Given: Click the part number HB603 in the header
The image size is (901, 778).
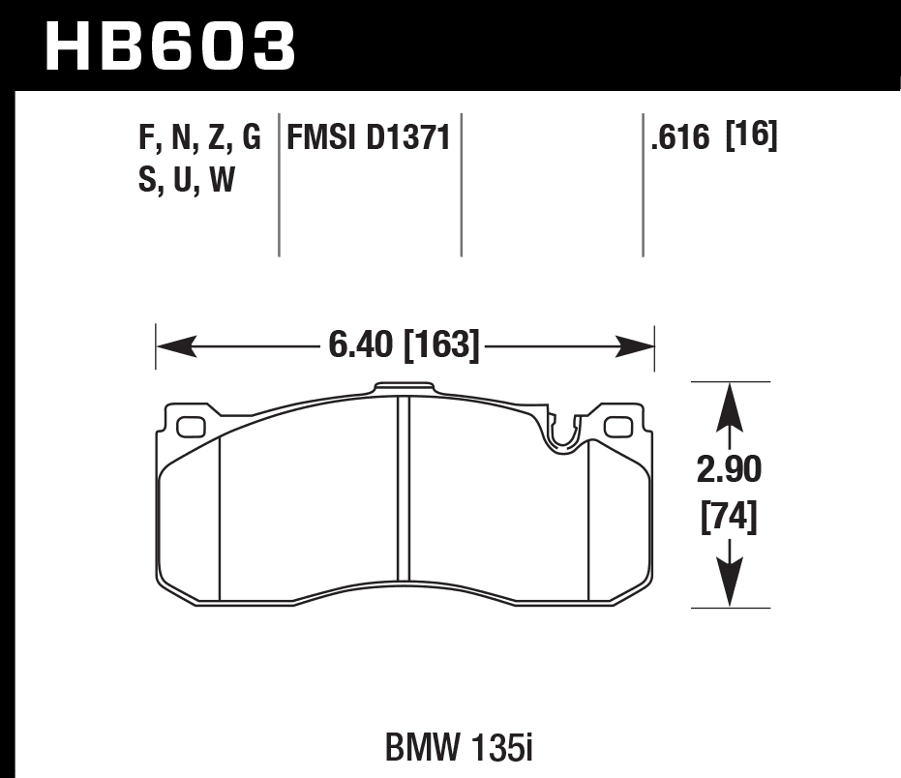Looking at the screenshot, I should [170, 46].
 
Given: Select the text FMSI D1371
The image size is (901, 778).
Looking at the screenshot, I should [368, 138].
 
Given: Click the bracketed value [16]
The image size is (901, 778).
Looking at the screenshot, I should [752, 137].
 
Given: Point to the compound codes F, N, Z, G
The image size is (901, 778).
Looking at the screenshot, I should [200, 138].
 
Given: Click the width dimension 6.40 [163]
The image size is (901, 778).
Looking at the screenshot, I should [405, 345].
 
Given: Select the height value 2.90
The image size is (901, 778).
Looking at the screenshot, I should [730, 471].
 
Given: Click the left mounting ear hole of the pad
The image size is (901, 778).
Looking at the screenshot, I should [192, 425].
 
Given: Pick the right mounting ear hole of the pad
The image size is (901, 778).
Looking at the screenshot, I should [616, 426].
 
